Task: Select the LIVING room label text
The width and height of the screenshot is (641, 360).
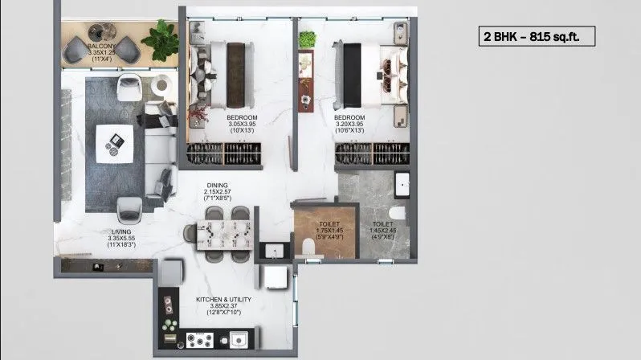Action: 121,238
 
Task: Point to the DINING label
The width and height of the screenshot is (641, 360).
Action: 217,190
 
